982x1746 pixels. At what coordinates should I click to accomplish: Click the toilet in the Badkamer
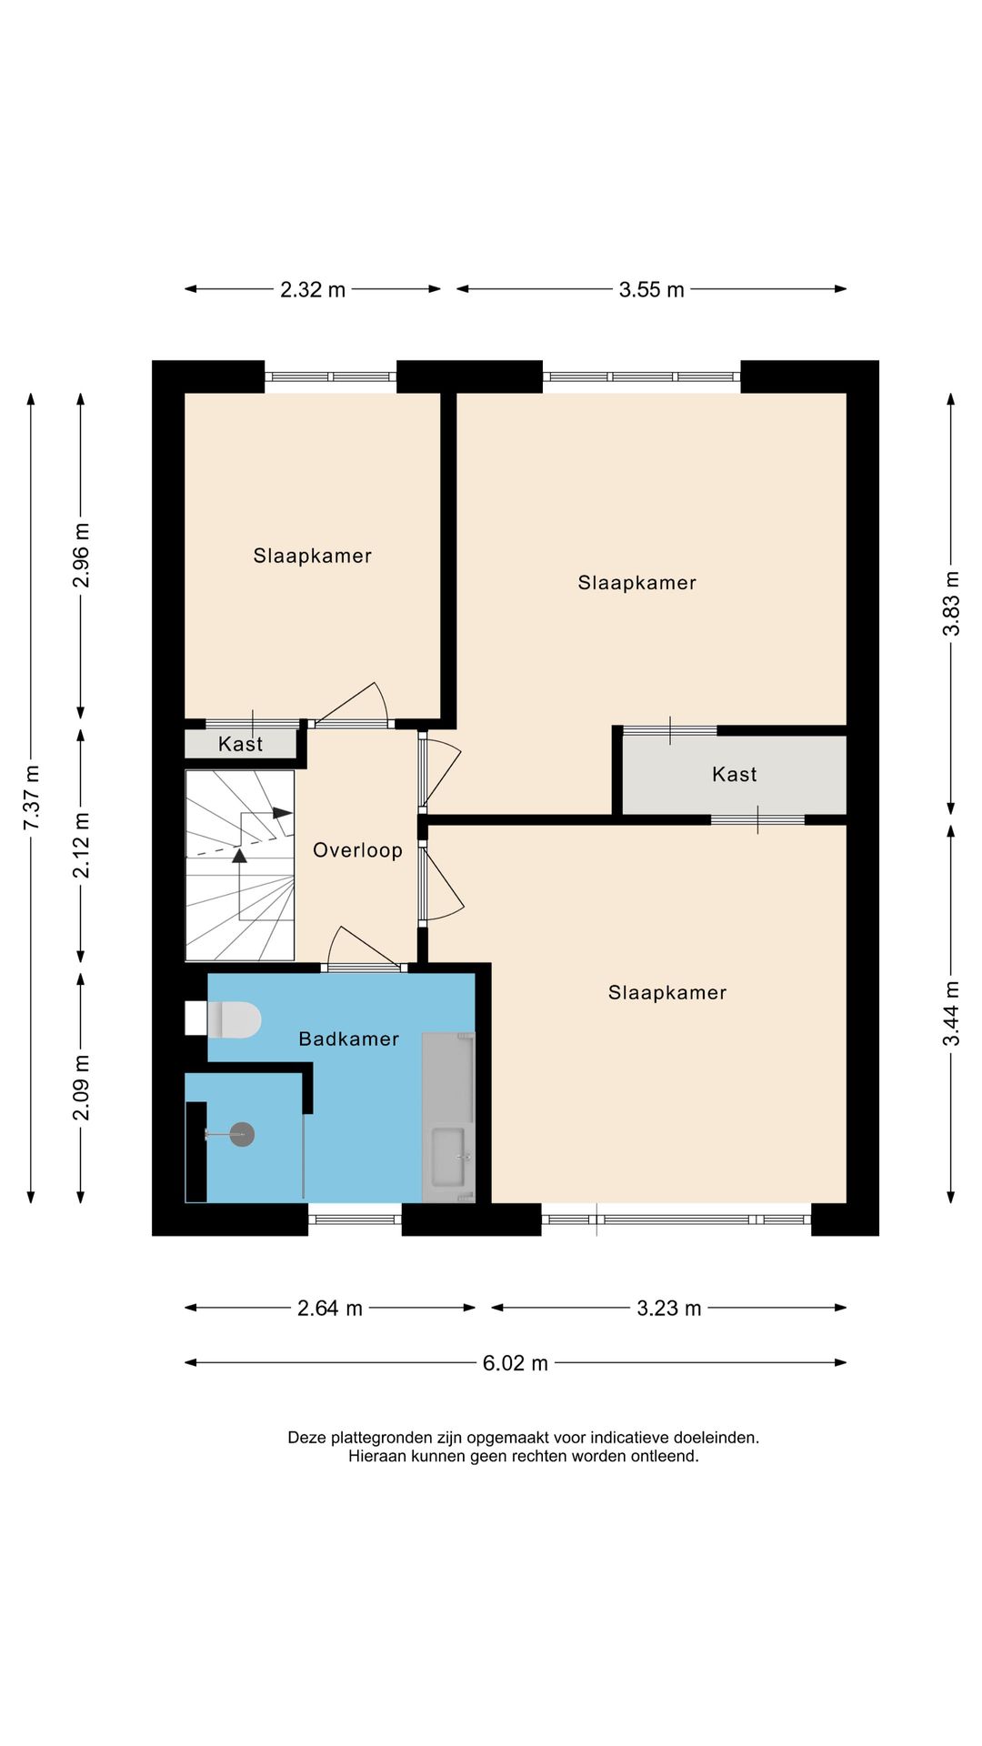click(234, 1019)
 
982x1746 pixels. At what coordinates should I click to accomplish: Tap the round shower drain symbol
click(242, 1134)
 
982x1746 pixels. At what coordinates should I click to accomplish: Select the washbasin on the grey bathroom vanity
click(448, 1157)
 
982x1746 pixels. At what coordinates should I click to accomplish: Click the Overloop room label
click(357, 850)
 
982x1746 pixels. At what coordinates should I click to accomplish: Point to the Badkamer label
click(348, 1039)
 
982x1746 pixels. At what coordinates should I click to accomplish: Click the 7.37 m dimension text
click(31, 798)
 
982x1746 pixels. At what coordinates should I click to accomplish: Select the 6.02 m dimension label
click(515, 1362)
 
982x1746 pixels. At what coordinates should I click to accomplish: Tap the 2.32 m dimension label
click(312, 289)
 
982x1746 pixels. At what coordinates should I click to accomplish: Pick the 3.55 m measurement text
click(651, 289)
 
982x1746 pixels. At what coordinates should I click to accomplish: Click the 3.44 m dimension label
click(951, 1013)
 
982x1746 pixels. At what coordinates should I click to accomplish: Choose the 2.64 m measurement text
click(329, 1308)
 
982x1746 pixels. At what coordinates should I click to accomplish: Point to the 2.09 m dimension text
click(81, 1088)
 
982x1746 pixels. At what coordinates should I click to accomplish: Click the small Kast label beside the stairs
click(240, 744)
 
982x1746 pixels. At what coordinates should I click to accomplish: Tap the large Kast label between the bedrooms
click(734, 774)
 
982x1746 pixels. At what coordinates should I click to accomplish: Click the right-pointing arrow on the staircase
click(282, 813)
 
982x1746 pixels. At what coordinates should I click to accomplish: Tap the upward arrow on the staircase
click(239, 856)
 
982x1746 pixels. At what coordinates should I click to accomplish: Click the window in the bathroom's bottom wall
click(355, 1219)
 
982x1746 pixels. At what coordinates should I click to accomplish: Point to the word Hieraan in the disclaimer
click(376, 1456)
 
